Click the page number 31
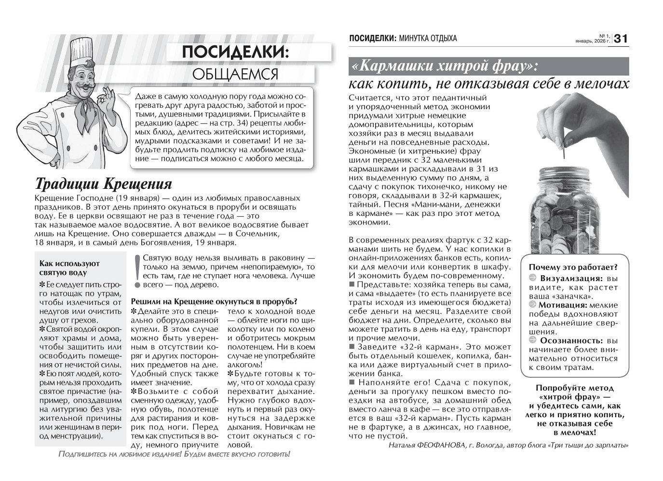click(621, 38)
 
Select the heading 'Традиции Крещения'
click(104, 184)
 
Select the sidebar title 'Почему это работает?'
click(573, 268)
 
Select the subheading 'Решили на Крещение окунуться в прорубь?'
click(214, 301)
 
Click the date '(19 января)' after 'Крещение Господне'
click(137, 198)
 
